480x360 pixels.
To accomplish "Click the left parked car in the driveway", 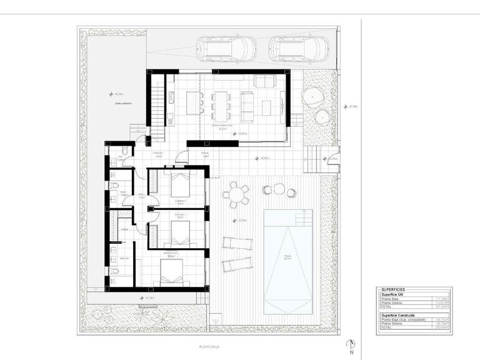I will pyautogui.click(x=226, y=47).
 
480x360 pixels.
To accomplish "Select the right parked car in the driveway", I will pyautogui.click(x=299, y=47).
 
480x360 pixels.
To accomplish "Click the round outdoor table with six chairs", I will pyautogui.click(x=236, y=194).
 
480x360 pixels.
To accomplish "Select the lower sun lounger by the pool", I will pyautogui.click(x=237, y=264).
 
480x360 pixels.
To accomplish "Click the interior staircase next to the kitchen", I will pyautogui.click(x=157, y=106).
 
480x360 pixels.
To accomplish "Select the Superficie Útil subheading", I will pyautogui.click(x=392, y=295).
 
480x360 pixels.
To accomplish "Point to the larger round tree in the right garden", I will pyautogui.click(x=312, y=97).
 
